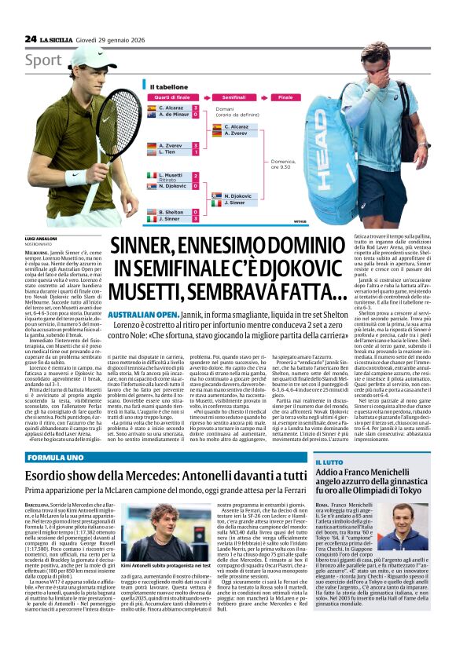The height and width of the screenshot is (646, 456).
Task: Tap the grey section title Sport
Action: [x=42, y=60]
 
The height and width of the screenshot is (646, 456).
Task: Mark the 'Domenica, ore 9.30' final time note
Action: [x=280, y=166]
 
